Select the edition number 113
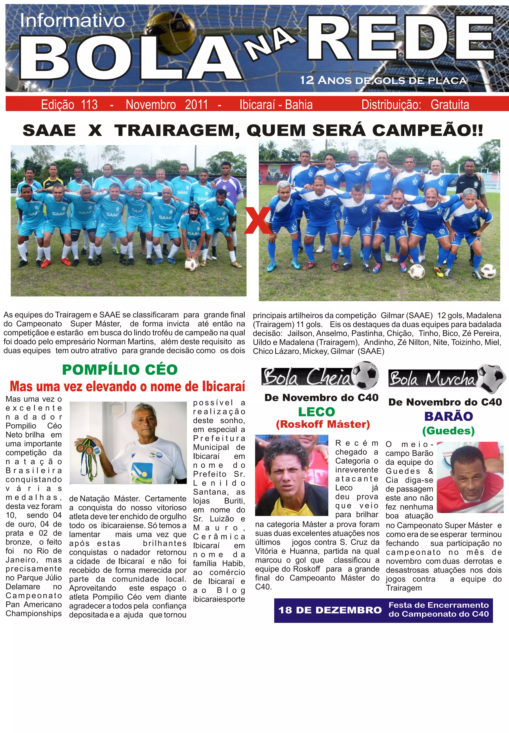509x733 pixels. tap(89, 105)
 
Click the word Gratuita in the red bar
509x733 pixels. tap(449, 105)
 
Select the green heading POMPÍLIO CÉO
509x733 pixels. tap(120, 369)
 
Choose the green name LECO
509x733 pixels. tap(316, 412)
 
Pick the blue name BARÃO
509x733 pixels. tap(448, 416)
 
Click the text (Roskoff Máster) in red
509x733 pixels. tap(323, 424)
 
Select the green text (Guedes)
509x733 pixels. tap(448, 431)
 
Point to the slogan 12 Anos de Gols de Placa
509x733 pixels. tap(383, 80)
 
